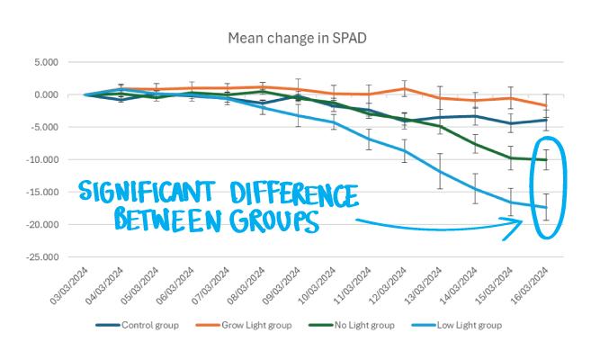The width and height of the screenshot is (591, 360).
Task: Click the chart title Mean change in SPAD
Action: (x=295, y=37)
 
